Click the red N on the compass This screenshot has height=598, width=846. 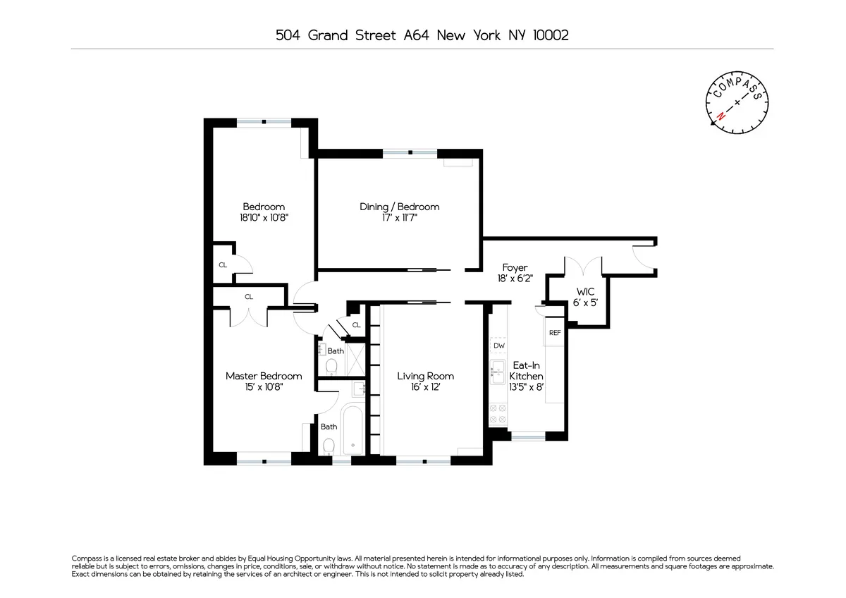(721, 116)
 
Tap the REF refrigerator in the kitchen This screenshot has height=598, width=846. (554, 333)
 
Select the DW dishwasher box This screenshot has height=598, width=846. (498, 346)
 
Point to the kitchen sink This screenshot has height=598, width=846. (498, 370)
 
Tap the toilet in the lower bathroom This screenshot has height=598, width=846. (329, 446)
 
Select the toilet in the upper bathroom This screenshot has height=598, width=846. (330, 365)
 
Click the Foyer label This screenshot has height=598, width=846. (515, 268)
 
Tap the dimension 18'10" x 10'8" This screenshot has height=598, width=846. (264, 219)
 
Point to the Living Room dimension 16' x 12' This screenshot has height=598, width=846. (425, 387)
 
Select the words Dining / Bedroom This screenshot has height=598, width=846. (399, 207)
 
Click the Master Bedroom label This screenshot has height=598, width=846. (264, 376)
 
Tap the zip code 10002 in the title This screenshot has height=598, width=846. (548, 35)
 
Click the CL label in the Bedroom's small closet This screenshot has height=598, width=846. (223, 265)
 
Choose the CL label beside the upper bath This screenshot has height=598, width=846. (356, 325)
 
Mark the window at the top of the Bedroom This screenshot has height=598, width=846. (264, 122)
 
